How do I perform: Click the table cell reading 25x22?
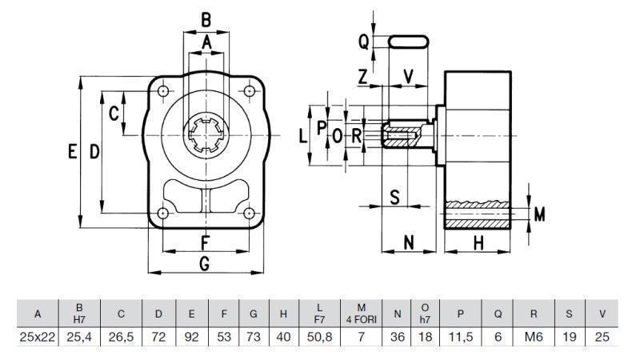[x=37, y=338]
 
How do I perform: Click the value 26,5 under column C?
[x=121, y=338]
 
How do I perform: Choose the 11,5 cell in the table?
[x=461, y=338]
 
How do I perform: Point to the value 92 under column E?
[x=191, y=338]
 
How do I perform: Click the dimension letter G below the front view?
[x=205, y=262]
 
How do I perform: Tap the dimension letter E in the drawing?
[x=73, y=152]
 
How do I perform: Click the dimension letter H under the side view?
[x=478, y=243]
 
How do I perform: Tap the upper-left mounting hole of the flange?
[x=163, y=91]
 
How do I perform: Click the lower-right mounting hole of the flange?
[x=250, y=213]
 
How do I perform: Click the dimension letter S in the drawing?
[x=394, y=197]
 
